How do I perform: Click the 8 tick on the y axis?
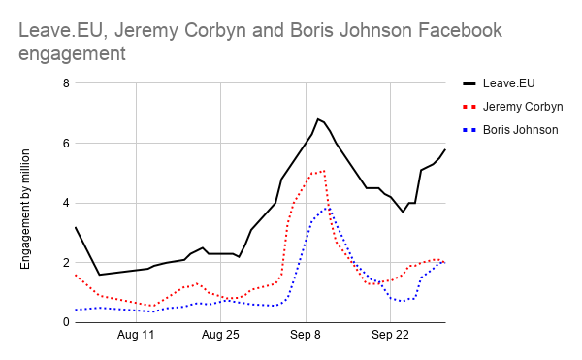tap(66, 83)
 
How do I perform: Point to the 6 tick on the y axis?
tap(66, 144)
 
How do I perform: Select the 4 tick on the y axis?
tap(66, 204)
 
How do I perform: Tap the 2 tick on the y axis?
tap(66, 263)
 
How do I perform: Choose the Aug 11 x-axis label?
tap(136, 336)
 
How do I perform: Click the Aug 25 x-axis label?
tap(220, 336)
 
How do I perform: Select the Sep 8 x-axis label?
tap(306, 336)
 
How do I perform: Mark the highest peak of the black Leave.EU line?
tap(318, 118)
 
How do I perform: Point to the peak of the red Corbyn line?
tap(323, 171)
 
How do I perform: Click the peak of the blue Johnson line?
tap(328, 208)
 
